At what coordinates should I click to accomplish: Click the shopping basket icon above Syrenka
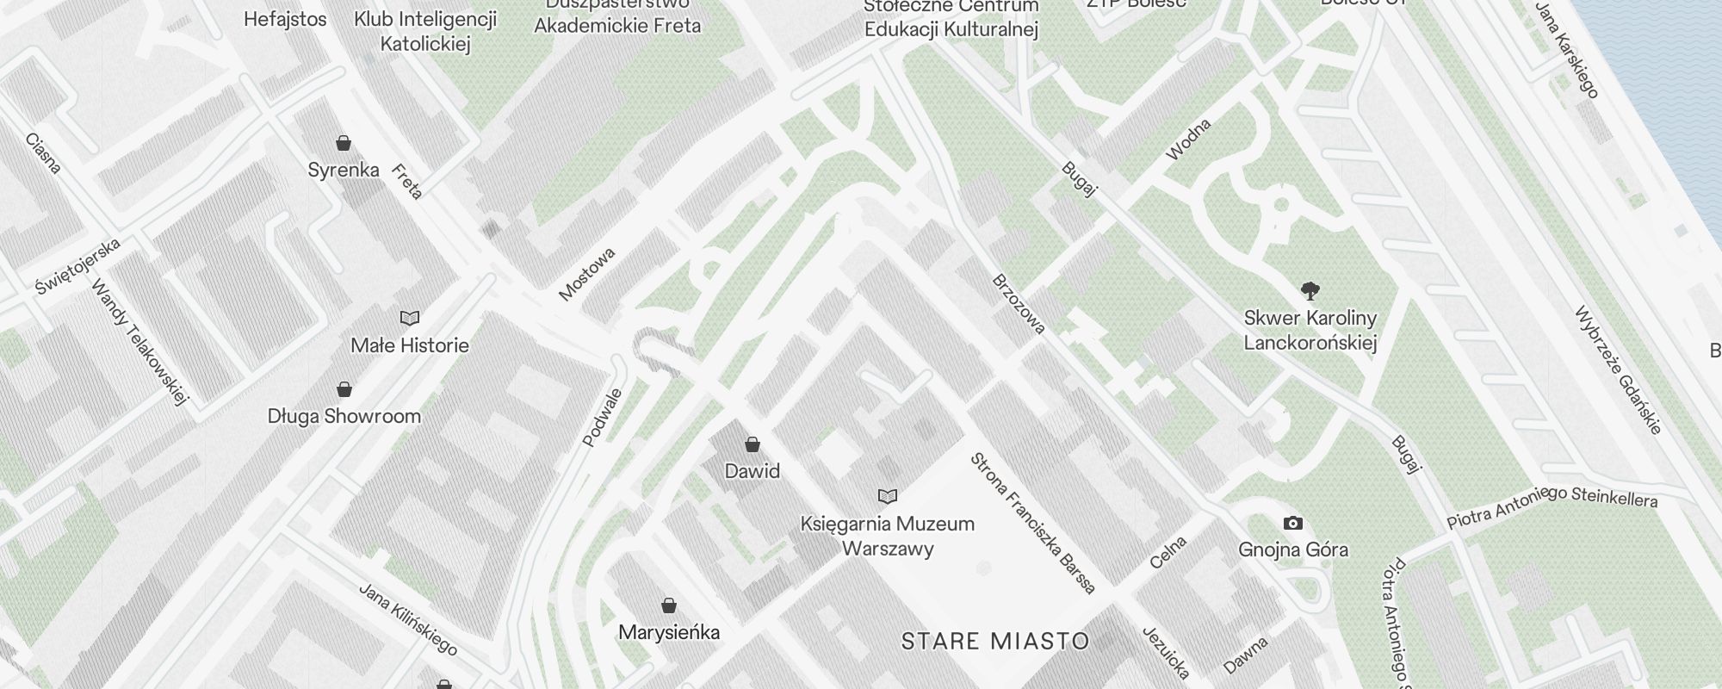click(344, 143)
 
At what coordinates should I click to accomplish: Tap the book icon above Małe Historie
click(410, 319)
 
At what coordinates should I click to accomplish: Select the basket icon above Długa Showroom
click(344, 389)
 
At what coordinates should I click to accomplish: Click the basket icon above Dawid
click(753, 444)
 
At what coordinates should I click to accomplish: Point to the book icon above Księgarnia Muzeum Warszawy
click(888, 496)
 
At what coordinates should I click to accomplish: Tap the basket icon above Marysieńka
click(669, 605)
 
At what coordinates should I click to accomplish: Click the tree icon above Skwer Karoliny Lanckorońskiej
click(1310, 290)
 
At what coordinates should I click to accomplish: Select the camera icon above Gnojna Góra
click(1292, 523)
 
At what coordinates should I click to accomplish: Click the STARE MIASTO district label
click(995, 641)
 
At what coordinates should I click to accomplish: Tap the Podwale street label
click(602, 418)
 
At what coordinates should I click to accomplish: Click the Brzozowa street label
click(1019, 304)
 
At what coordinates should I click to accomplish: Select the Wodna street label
click(1188, 140)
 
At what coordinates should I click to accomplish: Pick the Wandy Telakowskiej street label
click(139, 342)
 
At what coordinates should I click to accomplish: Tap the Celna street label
click(1168, 552)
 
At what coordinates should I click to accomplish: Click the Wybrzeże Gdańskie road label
click(1618, 369)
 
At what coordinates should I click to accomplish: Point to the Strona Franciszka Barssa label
click(1032, 523)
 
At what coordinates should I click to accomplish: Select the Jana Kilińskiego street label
click(407, 618)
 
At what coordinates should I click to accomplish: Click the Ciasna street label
click(43, 153)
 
